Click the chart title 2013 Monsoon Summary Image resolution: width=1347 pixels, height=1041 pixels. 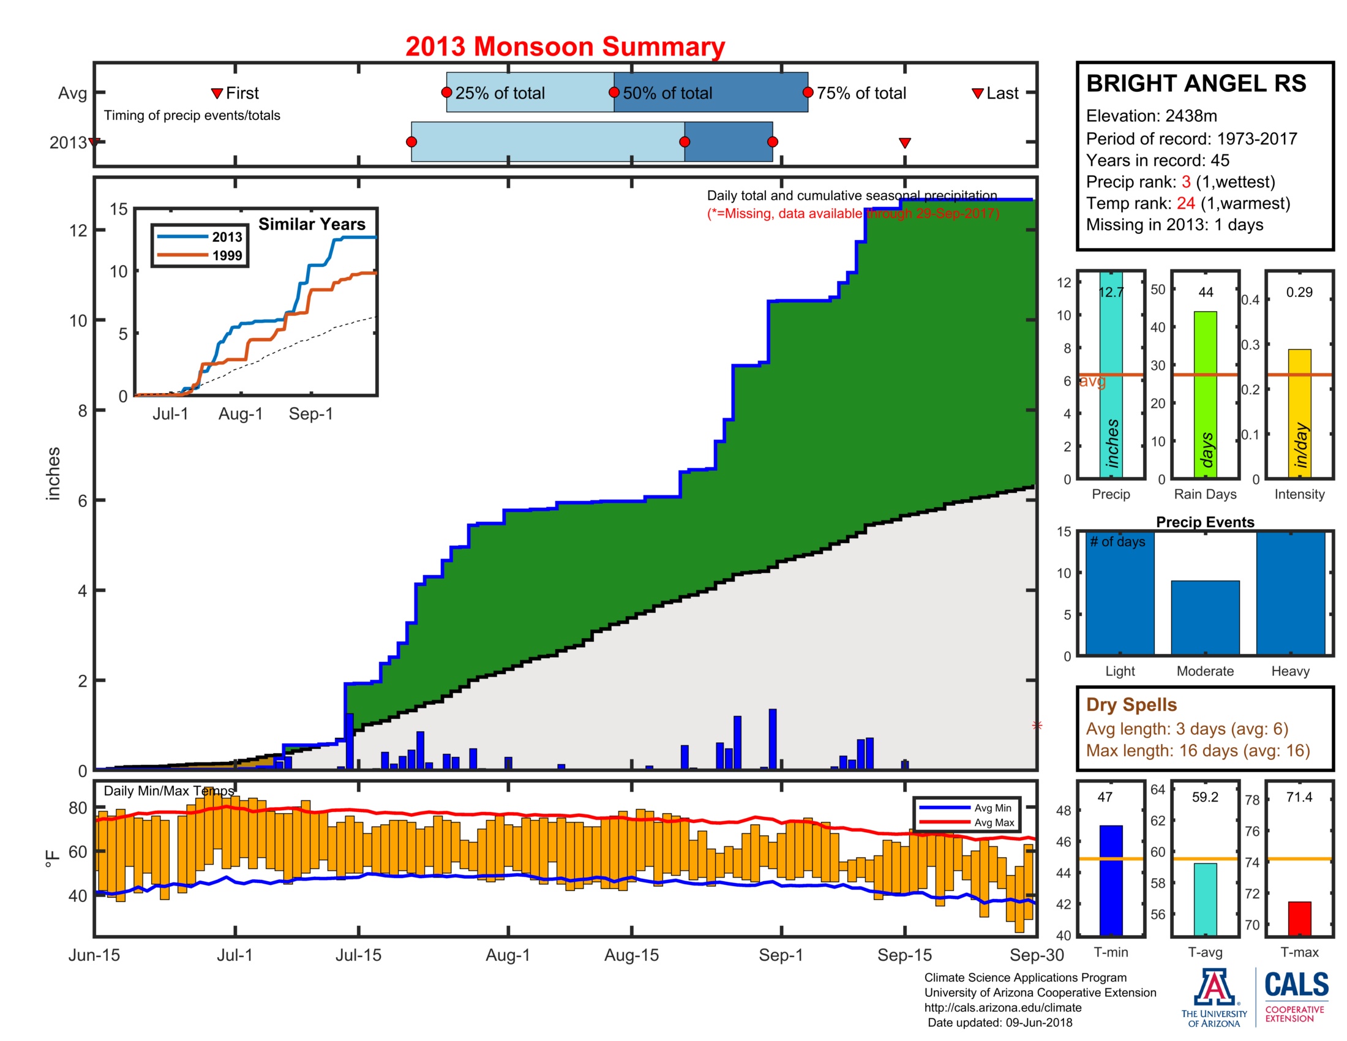pyautogui.click(x=565, y=47)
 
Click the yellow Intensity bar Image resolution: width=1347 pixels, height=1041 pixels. pyautogui.click(x=1299, y=413)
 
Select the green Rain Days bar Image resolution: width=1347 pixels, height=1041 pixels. pyautogui.click(x=1204, y=395)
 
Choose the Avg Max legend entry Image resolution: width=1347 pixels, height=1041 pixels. pyautogui.click(x=994, y=822)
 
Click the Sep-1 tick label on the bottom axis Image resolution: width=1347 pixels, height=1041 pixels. pyautogui.click(x=780, y=955)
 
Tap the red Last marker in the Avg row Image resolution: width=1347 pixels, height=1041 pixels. pyautogui.click(x=977, y=94)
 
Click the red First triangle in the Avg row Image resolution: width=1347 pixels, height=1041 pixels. pyautogui.click(x=217, y=94)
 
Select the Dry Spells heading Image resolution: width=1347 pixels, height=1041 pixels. pyautogui.click(x=1130, y=704)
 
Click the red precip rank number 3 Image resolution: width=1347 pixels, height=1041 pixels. pyautogui.click(x=1185, y=182)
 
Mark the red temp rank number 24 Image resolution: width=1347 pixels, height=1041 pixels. pyautogui.click(x=1185, y=203)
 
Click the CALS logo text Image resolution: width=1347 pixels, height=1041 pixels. pyautogui.click(x=1296, y=984)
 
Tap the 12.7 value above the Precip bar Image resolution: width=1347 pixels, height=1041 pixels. pyautogui.click(x=1110, y=292)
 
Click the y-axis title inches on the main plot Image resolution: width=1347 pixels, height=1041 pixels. pyautogui.click(x=54, y=473)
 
